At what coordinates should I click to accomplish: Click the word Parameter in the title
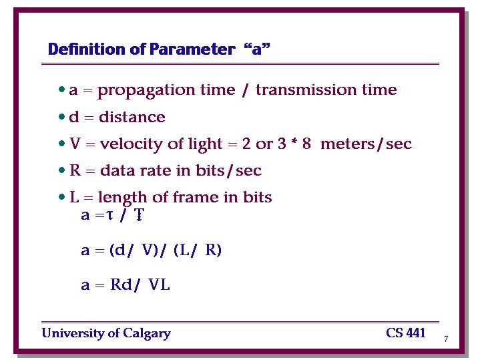[192, 49]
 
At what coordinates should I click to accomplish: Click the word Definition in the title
[87, 49]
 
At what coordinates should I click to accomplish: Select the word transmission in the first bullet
[306, 89]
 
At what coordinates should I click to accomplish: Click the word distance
[132, 117]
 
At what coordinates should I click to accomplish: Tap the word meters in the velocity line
[347, 144]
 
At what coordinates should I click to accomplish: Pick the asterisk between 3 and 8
[294, 142]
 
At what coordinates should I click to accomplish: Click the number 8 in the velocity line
[306, 144]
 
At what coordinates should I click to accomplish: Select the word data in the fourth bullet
[117, 171]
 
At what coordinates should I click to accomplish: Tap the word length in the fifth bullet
[122, 198]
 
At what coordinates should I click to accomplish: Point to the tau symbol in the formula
[109, 215]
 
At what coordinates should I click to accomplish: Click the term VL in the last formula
[159, 285]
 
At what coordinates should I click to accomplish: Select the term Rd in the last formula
[121, 285]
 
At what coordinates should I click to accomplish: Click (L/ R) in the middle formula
[198, 250]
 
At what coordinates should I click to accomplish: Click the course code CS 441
[406, 333]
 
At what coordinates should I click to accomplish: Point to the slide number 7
[446, 339]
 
